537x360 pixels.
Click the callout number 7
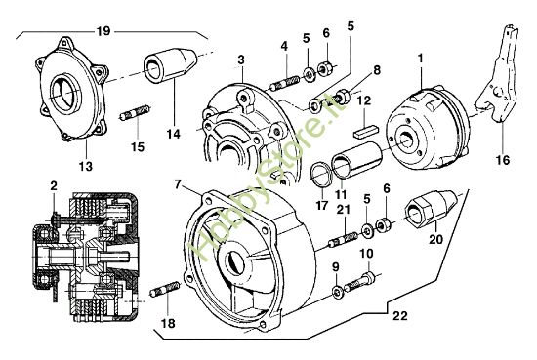pos(179,182)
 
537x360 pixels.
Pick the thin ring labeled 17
pos(319,176)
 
